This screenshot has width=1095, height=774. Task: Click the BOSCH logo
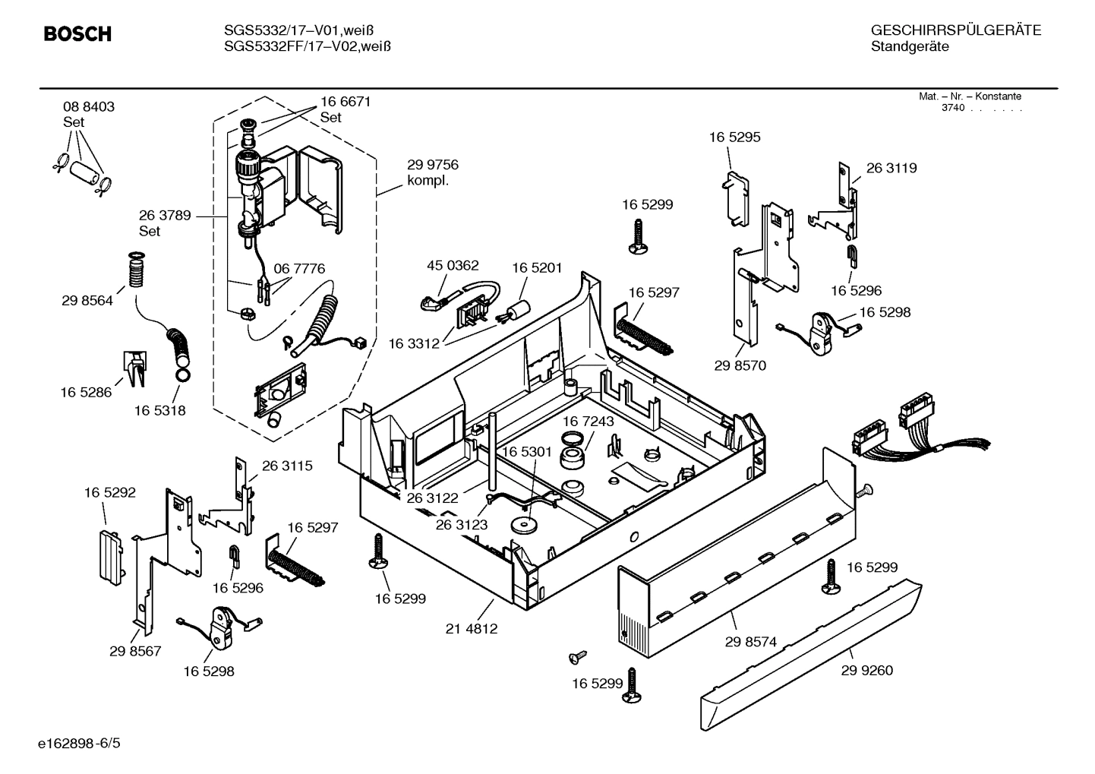77,34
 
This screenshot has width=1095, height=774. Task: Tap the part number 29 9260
866,670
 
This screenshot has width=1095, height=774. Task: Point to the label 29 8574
750,642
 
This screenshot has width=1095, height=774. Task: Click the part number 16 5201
537,267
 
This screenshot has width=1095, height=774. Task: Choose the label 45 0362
453,265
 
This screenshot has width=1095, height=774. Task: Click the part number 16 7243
589,421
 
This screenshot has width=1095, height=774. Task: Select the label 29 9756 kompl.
433,172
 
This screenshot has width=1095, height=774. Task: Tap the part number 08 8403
89,107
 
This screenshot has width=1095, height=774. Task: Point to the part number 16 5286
86,392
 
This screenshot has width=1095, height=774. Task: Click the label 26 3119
891,168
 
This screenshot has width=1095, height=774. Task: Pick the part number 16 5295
734,137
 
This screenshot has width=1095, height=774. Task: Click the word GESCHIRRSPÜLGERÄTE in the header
956,30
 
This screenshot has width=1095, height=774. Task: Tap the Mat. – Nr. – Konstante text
970,96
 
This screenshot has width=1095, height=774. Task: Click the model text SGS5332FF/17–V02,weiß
308,46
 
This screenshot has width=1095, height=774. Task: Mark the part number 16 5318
160,410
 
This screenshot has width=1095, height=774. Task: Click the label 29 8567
135,651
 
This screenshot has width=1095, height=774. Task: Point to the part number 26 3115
287,466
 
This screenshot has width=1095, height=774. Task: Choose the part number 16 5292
110,492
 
